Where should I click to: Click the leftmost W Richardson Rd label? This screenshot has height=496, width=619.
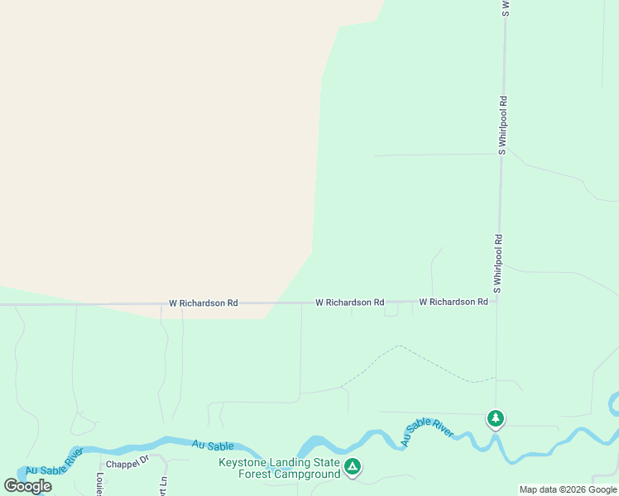[x=204, y=303]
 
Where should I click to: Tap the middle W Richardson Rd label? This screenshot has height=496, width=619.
[x=349, y=303]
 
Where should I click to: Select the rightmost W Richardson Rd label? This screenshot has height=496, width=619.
[x=453, y=302]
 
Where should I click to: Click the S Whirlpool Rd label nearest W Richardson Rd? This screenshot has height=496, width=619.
[x=498, y=264]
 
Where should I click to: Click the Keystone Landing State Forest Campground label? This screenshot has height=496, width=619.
[x=279, y=468]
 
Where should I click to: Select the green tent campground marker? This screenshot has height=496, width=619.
[x=353, y=467]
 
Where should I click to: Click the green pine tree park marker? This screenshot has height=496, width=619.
[x=496, y=419]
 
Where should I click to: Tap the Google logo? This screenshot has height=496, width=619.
[x=28, y=486]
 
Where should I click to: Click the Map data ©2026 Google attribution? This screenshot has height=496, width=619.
[x=569, y=489]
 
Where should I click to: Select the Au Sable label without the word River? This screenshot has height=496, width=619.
[x=209, y=445]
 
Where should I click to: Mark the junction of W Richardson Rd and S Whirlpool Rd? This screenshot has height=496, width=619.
[x=497, y=301]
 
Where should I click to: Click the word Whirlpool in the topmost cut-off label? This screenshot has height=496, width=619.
[x=504, y=8]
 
